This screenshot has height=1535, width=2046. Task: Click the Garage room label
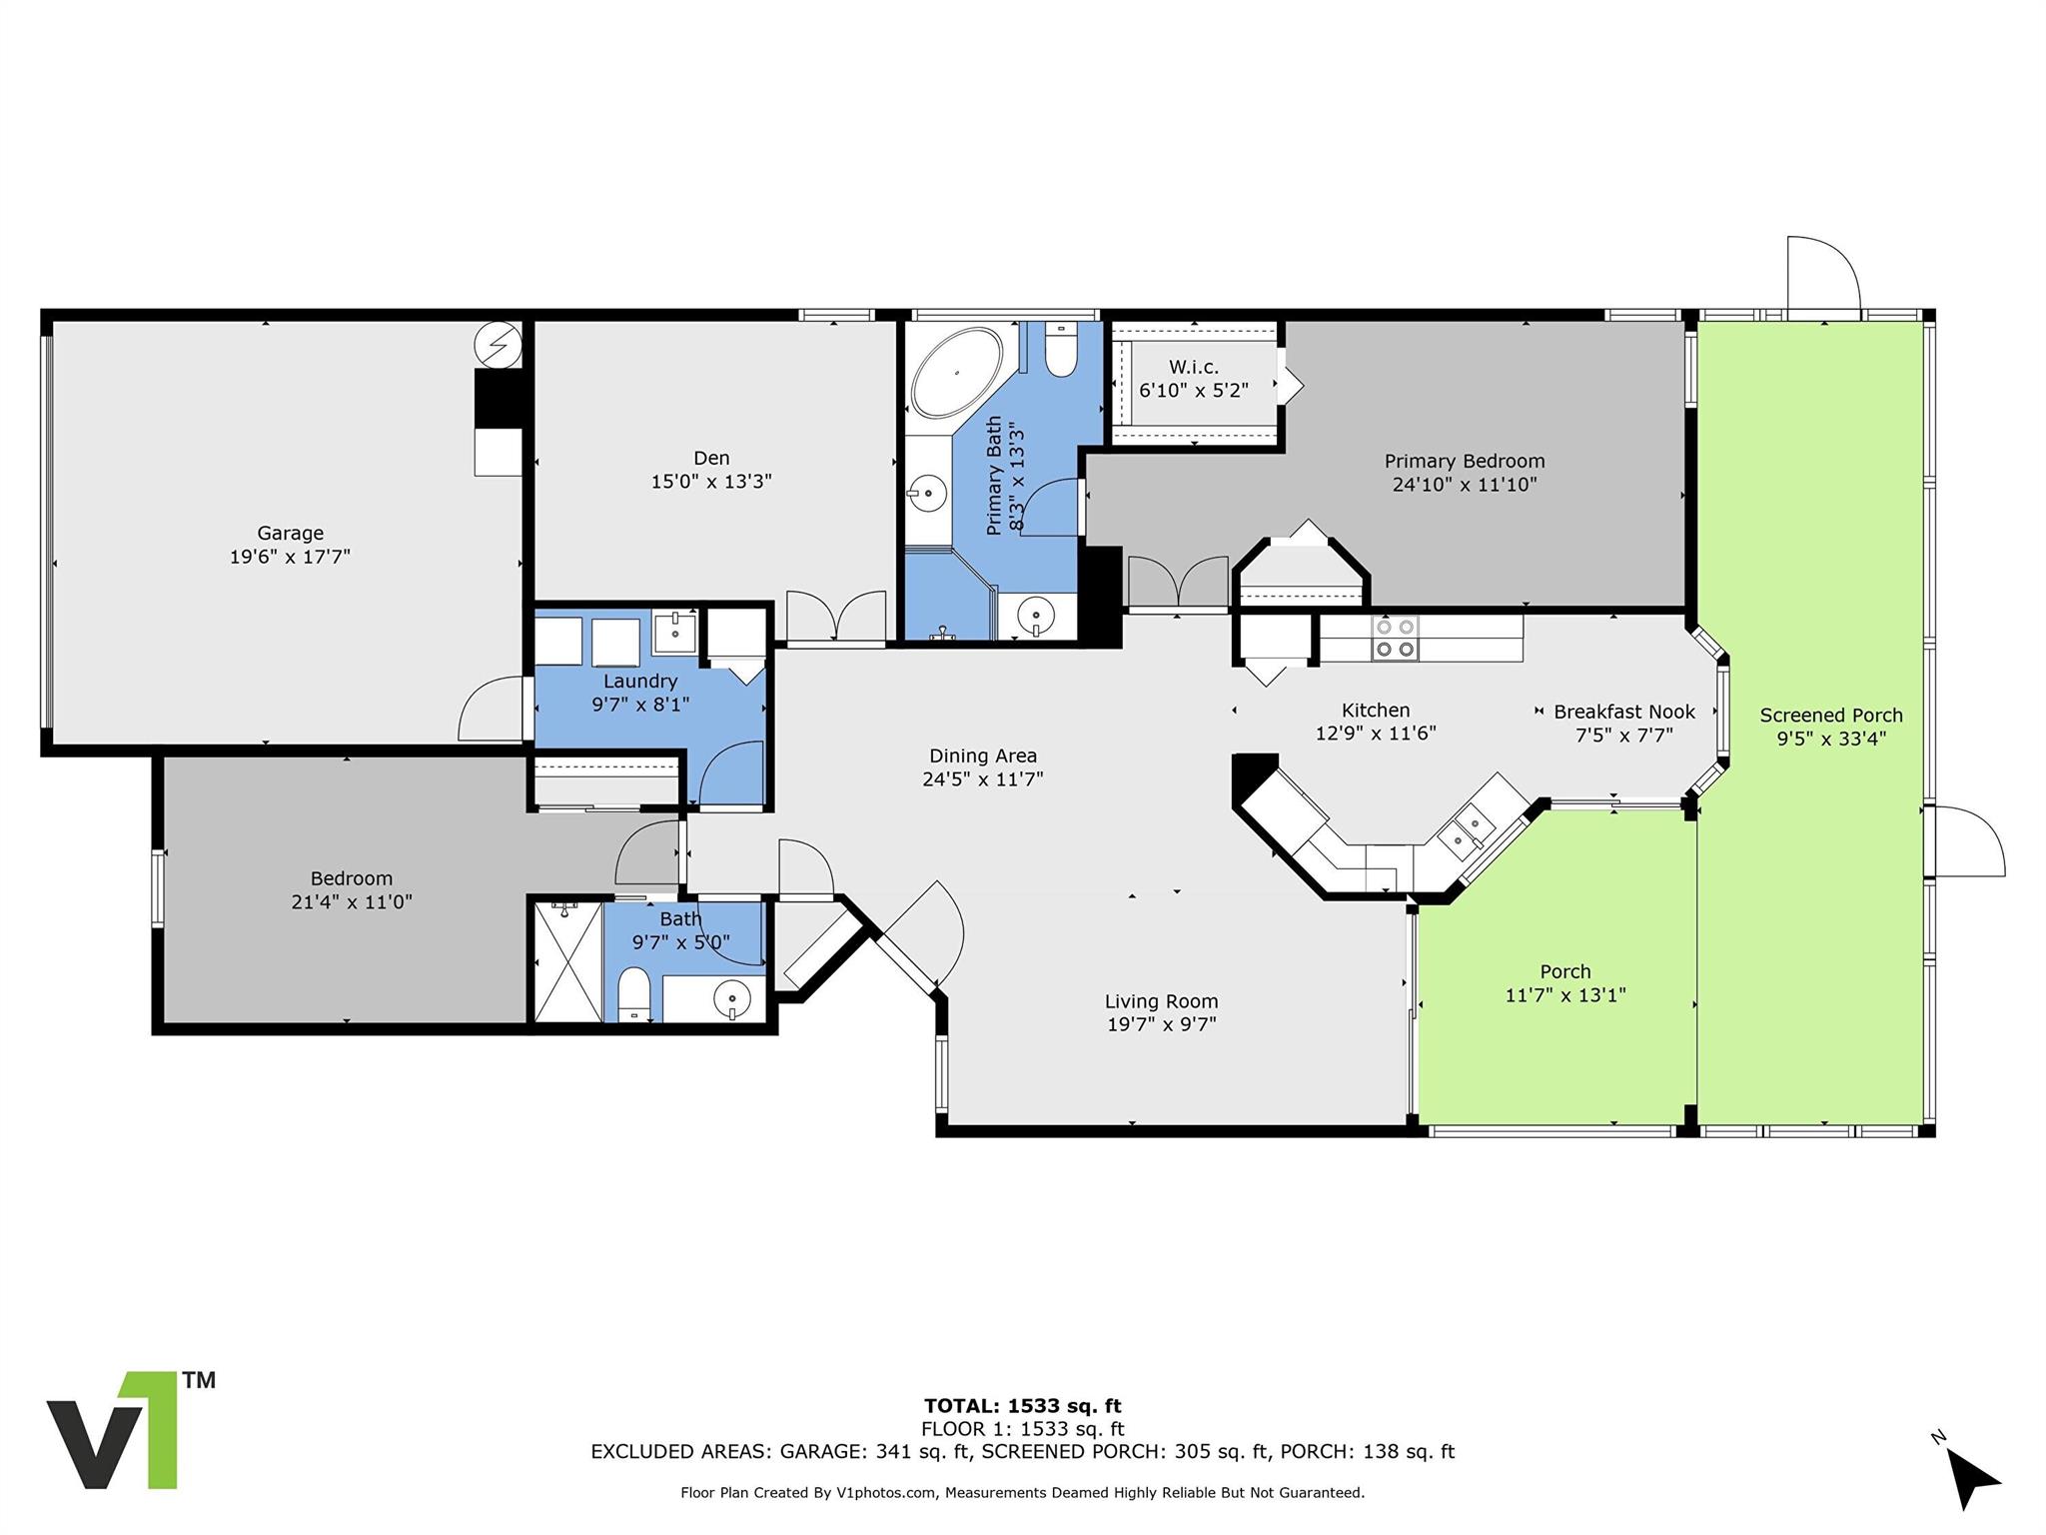tap(290, 533)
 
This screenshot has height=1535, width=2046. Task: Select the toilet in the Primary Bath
tap(1061, 351)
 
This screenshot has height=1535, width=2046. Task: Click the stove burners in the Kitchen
tap(1395, 638)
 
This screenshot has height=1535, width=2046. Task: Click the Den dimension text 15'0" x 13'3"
tap(711, 482)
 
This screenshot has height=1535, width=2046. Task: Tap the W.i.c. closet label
tap(1194, 367)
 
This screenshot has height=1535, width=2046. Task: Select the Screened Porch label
tap(1830, 716)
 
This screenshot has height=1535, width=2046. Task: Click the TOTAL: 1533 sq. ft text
tap(1022, 1406)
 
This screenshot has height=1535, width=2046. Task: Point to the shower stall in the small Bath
tap(566, 961)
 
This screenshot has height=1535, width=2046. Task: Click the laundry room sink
tap(675, 632)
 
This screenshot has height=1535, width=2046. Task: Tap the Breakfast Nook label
tap(1623, 712)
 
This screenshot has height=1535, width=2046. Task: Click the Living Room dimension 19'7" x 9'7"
tap(1161, 1024)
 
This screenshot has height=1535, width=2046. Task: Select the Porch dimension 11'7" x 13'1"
tap(1564, 995)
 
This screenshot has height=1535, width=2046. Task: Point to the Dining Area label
tap(982, 756)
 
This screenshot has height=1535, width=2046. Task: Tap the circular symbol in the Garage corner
tap(498, 345)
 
